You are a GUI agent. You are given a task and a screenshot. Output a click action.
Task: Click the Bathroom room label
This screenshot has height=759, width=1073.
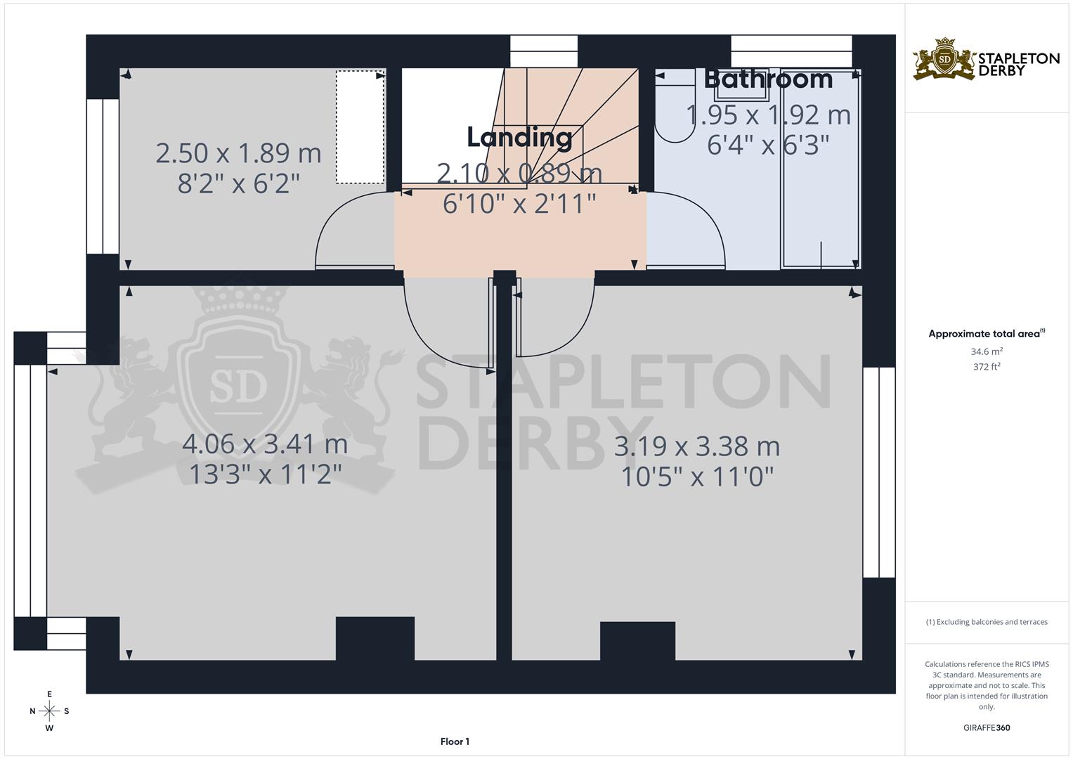coord(768,79)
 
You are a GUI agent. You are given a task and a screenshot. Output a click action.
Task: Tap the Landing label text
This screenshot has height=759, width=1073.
coord(519,138)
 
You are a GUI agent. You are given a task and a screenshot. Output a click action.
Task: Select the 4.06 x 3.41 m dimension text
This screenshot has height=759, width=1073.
coord(265,444)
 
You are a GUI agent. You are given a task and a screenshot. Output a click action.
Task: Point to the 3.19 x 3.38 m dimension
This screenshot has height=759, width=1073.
coord(697,446)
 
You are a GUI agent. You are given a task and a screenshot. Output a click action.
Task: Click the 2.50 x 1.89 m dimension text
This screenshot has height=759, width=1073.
coord(238,153)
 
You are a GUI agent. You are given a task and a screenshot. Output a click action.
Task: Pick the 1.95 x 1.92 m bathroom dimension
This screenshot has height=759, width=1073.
coord(768,115)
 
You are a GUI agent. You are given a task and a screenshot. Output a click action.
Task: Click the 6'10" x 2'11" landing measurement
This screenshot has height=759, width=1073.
coord(519,204)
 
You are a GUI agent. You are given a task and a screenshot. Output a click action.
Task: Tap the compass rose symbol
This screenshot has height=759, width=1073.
coord(49,711)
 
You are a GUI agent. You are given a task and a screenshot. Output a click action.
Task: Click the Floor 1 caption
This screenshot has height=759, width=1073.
coord(455,741)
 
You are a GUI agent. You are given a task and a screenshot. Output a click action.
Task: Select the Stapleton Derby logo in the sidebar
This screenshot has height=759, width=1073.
coord(986,59)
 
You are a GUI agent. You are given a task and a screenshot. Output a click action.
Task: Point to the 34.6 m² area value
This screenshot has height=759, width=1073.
coord(987,351)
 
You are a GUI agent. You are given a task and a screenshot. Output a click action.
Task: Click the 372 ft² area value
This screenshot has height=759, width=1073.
coord(987,366)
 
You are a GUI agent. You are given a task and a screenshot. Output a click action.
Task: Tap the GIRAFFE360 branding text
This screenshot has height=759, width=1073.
coord(987,728)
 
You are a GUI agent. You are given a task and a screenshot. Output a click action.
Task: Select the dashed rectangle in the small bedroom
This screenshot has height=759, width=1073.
coord(360,126)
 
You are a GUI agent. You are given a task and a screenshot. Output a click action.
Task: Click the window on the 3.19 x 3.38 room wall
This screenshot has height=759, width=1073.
coord(879,472)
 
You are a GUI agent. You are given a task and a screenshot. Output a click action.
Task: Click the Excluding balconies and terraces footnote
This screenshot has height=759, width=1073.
coord(987,622)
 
